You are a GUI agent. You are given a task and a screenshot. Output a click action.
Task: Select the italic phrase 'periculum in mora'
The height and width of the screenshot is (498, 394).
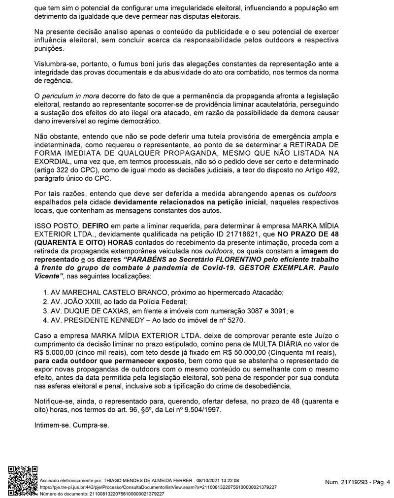[x=66, y=95]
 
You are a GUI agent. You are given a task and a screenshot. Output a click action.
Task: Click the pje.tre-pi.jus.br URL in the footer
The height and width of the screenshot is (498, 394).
[x=158, y=487]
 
